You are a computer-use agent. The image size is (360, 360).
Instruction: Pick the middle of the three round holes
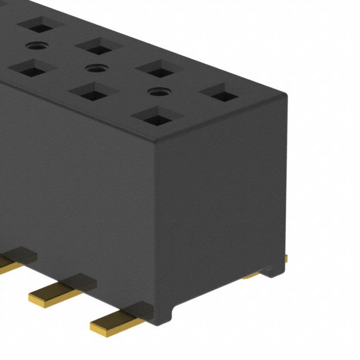click(x=94, y=67)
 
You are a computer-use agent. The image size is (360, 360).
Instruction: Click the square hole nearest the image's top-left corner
click(x=39, y=25)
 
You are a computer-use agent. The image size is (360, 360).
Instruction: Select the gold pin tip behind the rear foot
click(x=286, y=258)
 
